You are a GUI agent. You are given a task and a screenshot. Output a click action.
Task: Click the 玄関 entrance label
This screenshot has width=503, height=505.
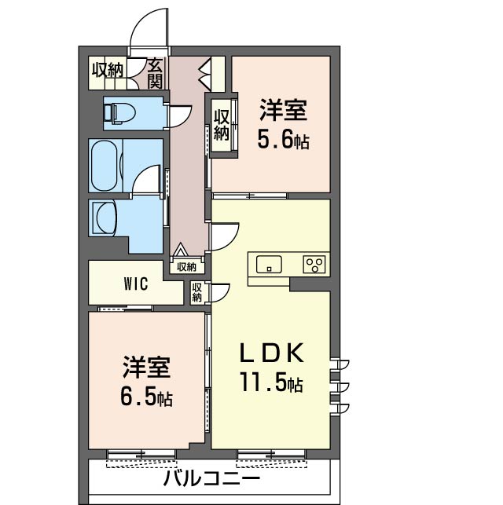click(x=156, y=72)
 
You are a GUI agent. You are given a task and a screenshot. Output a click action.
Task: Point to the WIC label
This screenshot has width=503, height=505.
click(x=135, y=284)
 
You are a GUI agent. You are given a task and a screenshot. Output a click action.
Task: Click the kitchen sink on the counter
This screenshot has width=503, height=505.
click(x=269, y=265)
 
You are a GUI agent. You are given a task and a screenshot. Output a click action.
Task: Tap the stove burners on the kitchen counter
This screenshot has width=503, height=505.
click(x=315, y=264)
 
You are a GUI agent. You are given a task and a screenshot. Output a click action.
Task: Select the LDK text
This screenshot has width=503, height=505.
click(x=271, y=354)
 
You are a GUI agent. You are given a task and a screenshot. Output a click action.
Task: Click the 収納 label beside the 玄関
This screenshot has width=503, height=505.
click(x=108, y=69)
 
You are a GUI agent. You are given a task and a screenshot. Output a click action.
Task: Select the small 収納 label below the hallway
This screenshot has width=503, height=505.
click(x=186, y=267)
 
